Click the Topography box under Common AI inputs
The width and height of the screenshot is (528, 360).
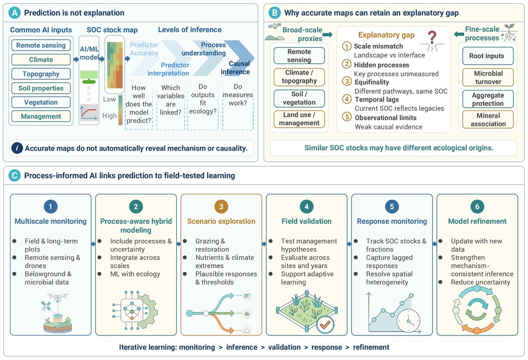point(41,73)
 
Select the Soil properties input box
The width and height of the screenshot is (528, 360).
point(41,88)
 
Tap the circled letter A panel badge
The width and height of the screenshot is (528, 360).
point(15,13)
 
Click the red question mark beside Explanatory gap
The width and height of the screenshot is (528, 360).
point(432,38)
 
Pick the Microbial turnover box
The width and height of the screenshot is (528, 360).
point(488,78)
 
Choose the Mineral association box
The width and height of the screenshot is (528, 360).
point(488,119)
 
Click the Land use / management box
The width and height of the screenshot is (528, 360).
point(299,119)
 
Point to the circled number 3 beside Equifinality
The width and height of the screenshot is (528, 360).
point(347,81)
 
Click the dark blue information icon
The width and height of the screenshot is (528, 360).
point(17,148)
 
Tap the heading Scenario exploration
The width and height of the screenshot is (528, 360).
point(221,221)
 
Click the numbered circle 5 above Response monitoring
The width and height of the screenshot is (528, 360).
point(391,207)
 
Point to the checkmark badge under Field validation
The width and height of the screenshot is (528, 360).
point(325,325)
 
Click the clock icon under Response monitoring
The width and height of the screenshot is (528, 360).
point(409,320)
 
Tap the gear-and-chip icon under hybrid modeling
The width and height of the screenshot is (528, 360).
point(134,310)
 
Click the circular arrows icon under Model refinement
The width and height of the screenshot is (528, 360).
point(477,309)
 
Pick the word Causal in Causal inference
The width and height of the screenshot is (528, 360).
point(239,64)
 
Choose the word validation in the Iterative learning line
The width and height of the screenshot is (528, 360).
point(284,347)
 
